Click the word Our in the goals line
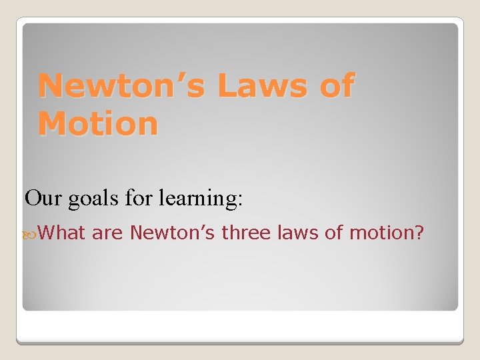[43, 198]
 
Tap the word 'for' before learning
[139, 198]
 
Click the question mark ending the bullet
[420, 233]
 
